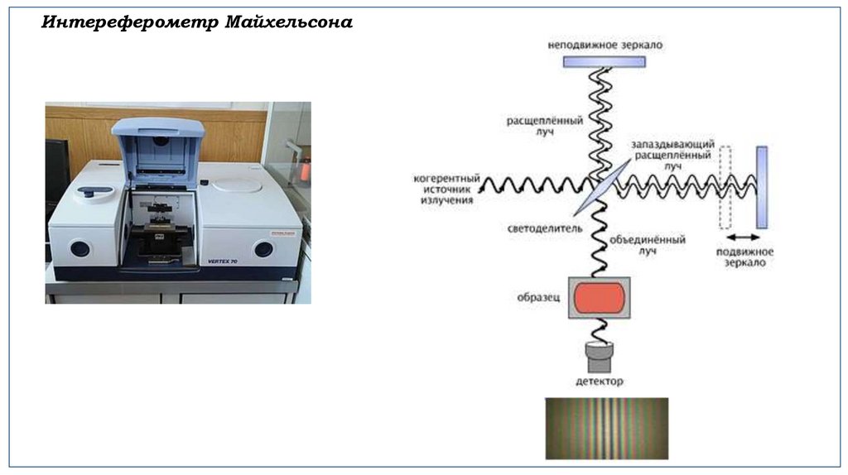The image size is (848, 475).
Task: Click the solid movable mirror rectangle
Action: pyautogui.click(x=762, y=187)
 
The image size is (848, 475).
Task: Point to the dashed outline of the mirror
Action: pyautogui.click(x=726, y=187)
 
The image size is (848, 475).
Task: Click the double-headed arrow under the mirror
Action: pyautogui.click(x=741, y=237)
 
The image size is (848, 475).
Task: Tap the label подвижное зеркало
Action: pyautogui.click(x=744, y=257)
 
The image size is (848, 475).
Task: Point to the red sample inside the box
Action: pyautogui.click(x=598, y=297)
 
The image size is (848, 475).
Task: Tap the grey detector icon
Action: pyautogui.click(x=599, y=357)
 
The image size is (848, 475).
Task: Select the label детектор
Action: pyautogui.click(x=599, y=381)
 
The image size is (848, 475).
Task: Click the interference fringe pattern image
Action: pyautogui.click(x=606, y=428)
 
